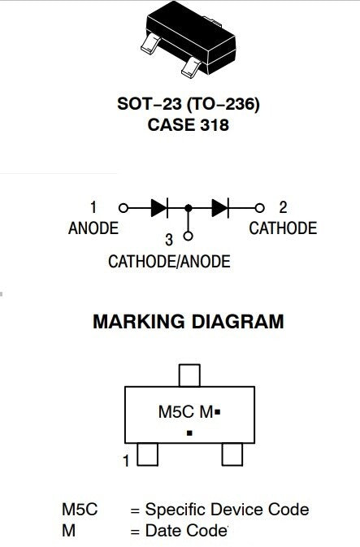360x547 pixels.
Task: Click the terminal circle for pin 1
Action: (x=124, y=208)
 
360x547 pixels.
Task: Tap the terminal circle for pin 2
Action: (x=259, y=208)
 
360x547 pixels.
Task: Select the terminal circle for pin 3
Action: (x=188, y=237)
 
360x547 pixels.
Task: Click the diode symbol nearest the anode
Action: (x=159, y=208)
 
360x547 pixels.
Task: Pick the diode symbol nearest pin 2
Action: (x=220, y=208)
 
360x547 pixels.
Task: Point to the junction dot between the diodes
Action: (x=189, y=208)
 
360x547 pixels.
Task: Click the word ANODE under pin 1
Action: (x=93, y=228)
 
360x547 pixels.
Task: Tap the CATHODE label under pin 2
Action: (x=283, y=228)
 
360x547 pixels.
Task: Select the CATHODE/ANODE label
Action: (x=169, y=262)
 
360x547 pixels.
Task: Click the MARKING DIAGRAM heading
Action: (x=189, y=321)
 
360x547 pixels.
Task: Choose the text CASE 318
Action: (x=188, y=125)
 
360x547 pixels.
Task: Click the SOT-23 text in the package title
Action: (x=150, y=103)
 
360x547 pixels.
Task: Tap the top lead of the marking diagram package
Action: (x=189, y=376)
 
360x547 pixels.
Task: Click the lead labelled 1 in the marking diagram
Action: (x=148, y=454)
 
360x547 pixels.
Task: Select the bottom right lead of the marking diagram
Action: (x=232, y=454)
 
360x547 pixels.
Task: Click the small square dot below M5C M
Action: (x=189, y=433)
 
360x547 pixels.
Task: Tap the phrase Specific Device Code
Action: (x=227, y=510)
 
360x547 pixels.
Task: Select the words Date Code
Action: (x=186, y=531)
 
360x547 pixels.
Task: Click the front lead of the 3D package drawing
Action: (x=191, y=67)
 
